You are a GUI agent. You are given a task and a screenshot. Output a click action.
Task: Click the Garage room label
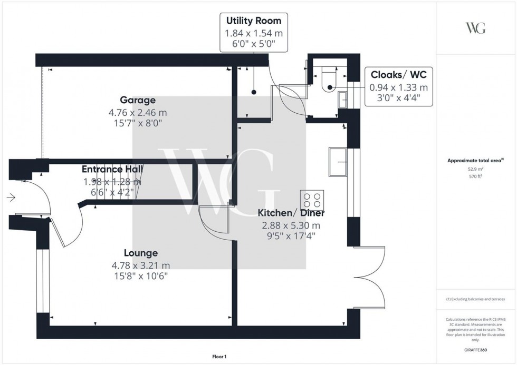tap(137, 100)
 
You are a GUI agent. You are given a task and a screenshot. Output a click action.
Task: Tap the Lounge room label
tap(141, 253)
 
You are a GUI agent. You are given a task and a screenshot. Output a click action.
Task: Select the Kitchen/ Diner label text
tap(291, 213)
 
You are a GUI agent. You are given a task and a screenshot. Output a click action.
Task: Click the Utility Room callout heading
tap(254, 21)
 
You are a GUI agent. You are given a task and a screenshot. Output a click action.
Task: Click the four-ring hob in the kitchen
tap(311, 201)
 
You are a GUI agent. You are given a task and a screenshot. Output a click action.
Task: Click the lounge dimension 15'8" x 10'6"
tap(141, 276)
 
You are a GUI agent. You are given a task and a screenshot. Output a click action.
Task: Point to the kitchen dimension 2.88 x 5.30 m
tap(291, 225)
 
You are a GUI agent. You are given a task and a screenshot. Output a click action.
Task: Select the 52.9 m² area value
tap(476, 169)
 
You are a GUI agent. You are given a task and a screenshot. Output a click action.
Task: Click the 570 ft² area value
tap(476, 176)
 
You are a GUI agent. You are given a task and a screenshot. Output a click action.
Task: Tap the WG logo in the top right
tap(476, 28)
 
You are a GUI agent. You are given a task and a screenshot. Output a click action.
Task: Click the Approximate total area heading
tap(475, 160)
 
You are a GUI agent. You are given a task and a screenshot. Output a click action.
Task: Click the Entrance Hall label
tap(112, 169)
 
